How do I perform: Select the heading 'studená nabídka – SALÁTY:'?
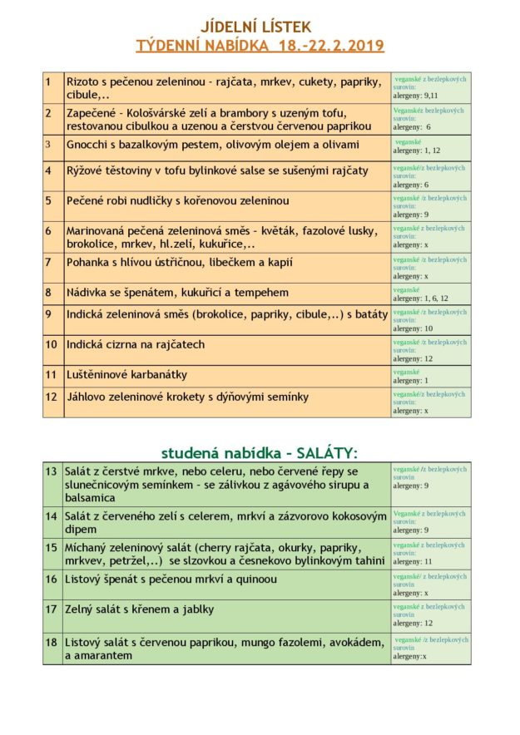(x=259, y=453)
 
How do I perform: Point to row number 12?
(x=52, y=397)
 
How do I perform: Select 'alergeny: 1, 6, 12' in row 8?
(x=420, y=298)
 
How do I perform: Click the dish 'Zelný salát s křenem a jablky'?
(x=139, y=609)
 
